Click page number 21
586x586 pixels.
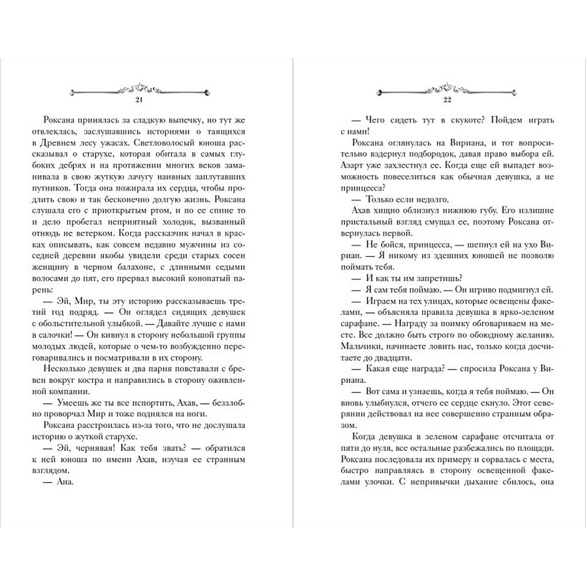(139, 101)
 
